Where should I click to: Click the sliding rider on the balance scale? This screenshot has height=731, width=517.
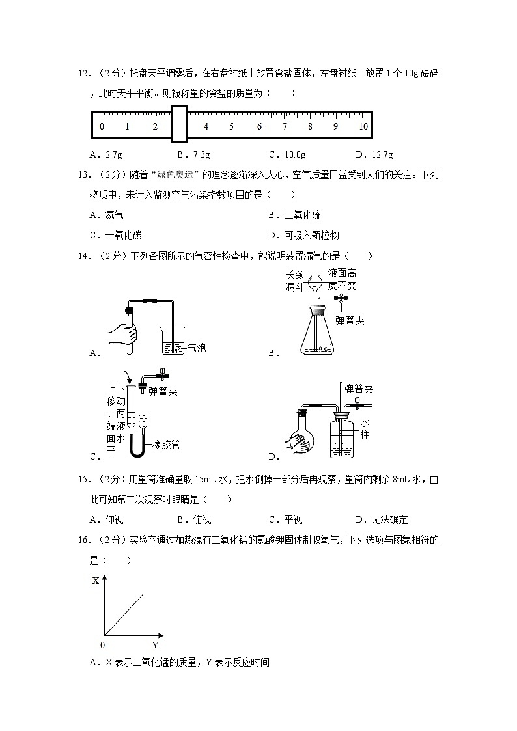pos(179,124)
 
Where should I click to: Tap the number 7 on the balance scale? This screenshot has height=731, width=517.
pos(285,127)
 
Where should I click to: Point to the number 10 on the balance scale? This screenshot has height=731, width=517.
pos(363,127)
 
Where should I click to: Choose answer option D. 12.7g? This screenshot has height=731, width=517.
pos(374,155)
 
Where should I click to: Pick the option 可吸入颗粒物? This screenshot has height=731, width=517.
pos(303,235)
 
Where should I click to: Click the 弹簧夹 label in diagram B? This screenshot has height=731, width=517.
pos(350,320)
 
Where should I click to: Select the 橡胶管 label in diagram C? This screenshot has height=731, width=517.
pos(166,445)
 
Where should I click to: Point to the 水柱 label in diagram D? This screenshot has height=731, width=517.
pos(365,428)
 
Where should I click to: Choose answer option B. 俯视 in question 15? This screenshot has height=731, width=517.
pos(194,519)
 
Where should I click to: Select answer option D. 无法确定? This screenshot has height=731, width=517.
pos(382,519)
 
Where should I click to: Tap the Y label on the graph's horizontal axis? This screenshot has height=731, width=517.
pos(155,645)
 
